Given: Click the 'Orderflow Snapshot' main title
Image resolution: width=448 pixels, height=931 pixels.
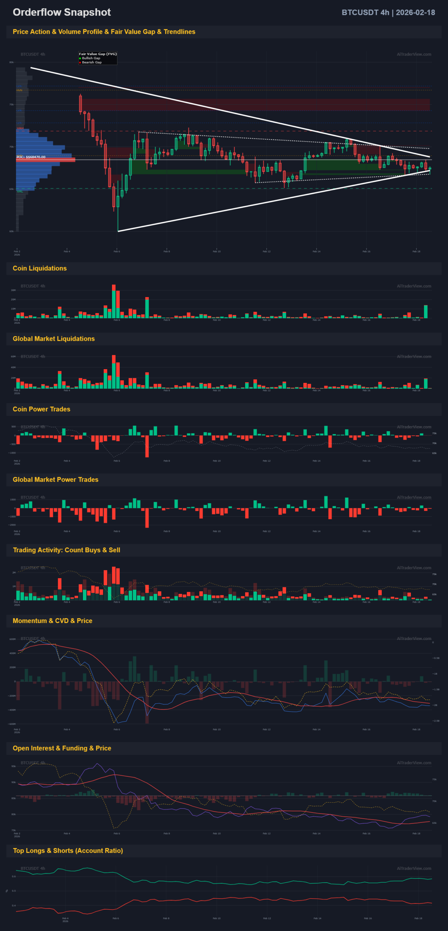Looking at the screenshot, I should [62, 12].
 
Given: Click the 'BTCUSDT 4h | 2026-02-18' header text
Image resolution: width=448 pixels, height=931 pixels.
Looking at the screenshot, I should [388, 13].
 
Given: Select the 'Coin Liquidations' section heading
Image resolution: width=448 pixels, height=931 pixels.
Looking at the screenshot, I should [40, 268].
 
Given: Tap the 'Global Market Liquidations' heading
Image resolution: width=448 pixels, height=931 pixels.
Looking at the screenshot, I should [53, 339].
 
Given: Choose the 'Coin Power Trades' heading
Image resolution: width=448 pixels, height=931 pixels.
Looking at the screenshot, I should [41, 409].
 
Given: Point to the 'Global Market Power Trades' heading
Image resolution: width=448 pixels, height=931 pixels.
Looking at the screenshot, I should [55, 480].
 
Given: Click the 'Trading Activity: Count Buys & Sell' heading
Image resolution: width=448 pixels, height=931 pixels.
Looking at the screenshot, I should [67, 550].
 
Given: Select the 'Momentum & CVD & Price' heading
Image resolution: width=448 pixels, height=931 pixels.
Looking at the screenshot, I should [52, 621].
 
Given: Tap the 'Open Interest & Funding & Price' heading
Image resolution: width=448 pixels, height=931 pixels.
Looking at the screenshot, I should [62, 748].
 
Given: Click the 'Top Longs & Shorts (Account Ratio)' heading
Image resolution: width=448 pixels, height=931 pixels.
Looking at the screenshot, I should [68, 851].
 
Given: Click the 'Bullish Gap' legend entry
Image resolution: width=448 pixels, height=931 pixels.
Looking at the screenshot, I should [91, 58].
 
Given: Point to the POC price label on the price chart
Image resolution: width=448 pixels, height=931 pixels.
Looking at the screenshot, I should [31, 157].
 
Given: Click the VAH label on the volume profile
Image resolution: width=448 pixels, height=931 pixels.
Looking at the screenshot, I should [20, 128].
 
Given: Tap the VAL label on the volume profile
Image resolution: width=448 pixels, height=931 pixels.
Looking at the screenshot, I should [20, 191].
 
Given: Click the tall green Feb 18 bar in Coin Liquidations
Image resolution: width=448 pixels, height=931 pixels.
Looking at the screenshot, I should [425, 312].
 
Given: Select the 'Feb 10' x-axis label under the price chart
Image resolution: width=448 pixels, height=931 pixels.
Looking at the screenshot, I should [217, 251].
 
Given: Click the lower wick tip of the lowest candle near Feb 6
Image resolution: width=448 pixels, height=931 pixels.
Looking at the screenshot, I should [118, 231].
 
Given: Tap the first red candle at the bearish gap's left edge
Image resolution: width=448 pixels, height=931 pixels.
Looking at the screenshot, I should [80, 104].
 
